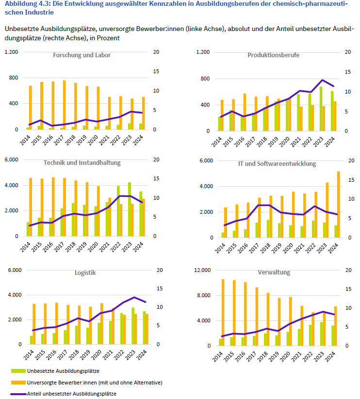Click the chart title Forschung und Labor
[x=82, y=55]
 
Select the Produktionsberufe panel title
[x=274, y=55]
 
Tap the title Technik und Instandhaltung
[x=82, y=162]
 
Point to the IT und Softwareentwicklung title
[x=277, y=163]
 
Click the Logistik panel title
[x=85, y=272]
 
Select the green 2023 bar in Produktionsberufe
[x=321, y=109]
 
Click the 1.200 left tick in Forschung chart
[x=12, y=52]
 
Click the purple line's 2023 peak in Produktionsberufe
[x=322, y=80]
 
